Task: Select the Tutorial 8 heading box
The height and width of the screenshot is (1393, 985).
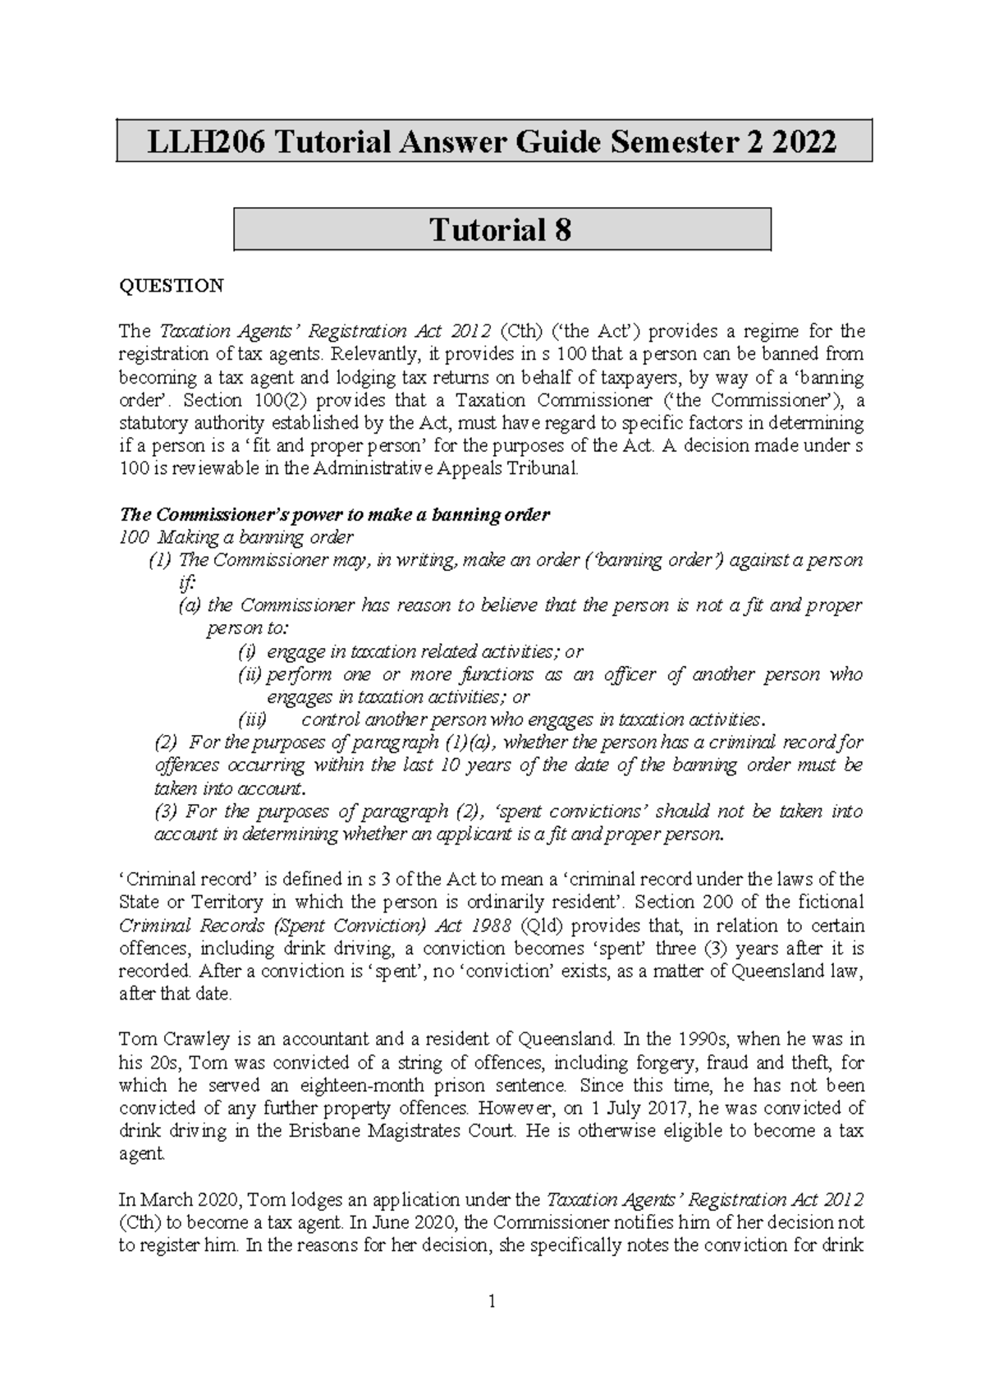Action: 502,230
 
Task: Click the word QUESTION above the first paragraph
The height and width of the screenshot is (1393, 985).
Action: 171,286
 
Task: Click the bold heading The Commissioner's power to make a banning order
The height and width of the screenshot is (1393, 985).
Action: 334,515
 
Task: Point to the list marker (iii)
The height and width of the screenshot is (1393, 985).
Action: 253,720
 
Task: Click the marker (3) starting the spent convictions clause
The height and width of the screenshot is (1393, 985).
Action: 165,811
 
